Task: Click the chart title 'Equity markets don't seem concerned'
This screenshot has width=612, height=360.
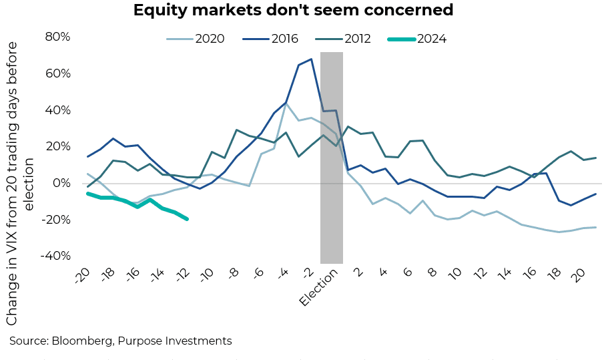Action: [x=293, y=11]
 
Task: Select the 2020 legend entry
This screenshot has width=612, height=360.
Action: [x=210, y=38]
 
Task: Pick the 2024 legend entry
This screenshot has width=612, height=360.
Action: [x=431, y=38]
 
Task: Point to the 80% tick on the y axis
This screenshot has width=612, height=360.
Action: [x=57, y=37]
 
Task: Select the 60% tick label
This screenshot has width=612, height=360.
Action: [x=57, y=73]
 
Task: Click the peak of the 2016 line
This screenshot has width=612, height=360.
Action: [x=311, y=59]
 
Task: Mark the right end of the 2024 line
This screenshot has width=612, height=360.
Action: [x=187, y=219]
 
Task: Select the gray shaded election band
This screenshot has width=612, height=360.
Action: [x=332, y=158]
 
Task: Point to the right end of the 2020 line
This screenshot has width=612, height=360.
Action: [x=595, y=227]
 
